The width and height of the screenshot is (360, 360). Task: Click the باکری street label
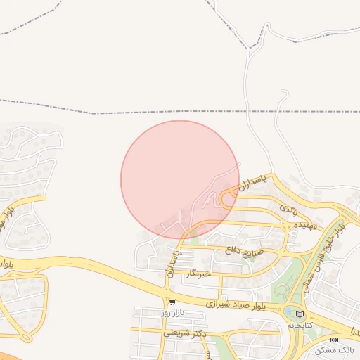pos(290,209)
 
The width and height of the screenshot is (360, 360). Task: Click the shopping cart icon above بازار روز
pos(172,302)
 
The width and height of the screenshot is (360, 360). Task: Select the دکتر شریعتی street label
pos(184,333)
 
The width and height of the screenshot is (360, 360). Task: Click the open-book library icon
pos(301,314)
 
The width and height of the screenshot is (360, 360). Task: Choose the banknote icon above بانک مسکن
pos(334,340)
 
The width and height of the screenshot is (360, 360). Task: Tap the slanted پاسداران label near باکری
pos(251,188)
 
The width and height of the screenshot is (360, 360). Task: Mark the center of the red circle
pos(180,179)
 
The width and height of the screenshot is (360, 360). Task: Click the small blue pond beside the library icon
pos(290,311)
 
